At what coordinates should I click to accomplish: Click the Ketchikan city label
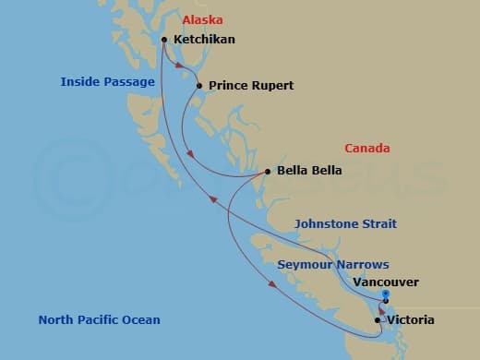click(204, 40)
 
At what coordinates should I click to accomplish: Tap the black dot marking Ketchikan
click(164, 40)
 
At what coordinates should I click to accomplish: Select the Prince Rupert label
click(251, 86)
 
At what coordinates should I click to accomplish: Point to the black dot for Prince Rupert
click(198, 86)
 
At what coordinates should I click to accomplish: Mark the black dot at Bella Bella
click(268, 171)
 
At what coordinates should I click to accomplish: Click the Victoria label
click(412, 320)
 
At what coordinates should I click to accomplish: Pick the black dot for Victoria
click(378, 320)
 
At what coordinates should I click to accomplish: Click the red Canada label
click(366, 148)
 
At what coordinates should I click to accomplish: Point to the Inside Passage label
click(107, 82)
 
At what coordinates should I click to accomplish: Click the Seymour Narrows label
click(333, 264)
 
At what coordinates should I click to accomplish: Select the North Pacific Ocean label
click(99, 320)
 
